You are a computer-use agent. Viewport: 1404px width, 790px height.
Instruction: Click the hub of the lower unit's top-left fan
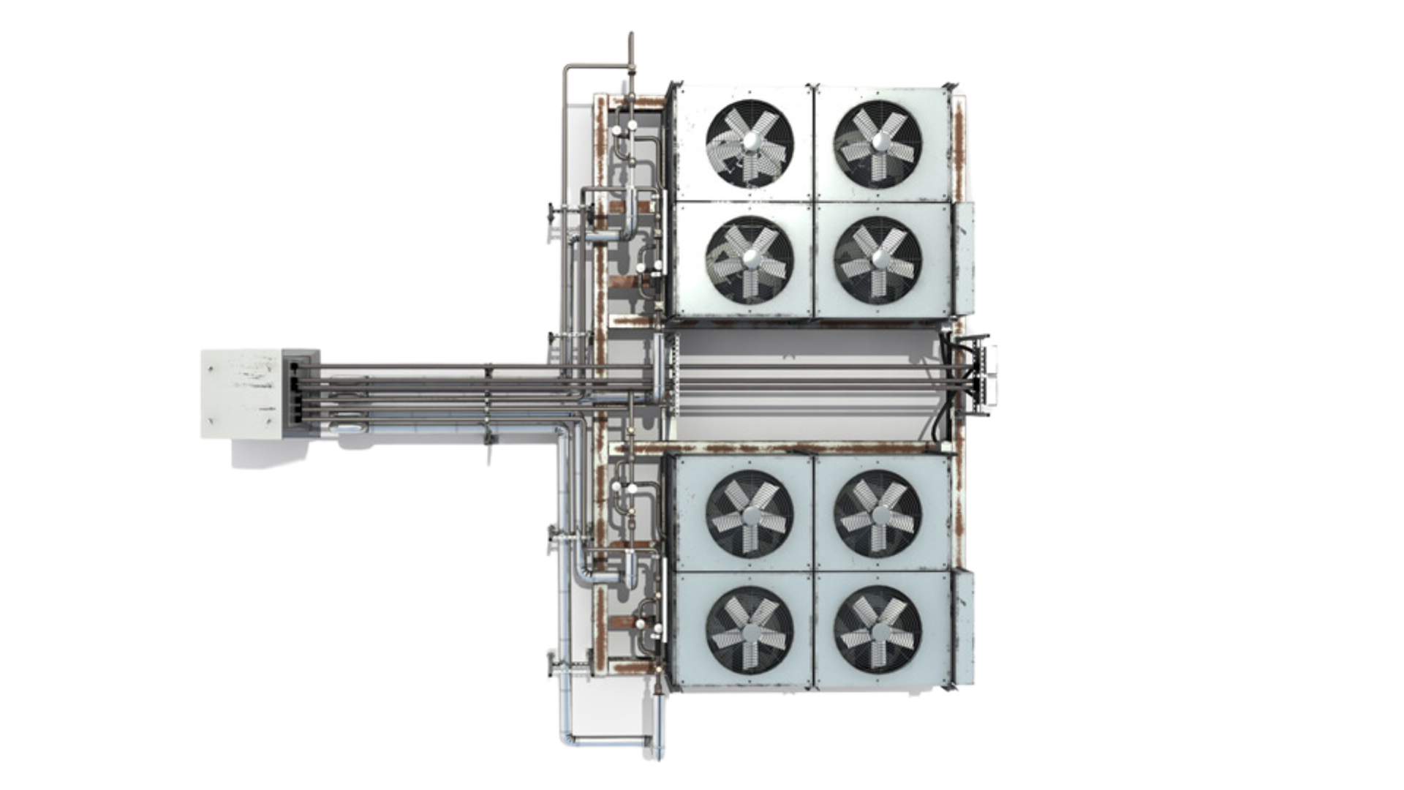(750, 513)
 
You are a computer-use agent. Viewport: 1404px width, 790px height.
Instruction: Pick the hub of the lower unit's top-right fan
(877, 513)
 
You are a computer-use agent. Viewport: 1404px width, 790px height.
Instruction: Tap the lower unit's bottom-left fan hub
(750, 629)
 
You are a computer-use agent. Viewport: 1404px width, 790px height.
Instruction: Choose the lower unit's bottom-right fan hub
(877, 629)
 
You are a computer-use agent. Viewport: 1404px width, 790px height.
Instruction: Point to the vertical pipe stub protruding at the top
(630, 48)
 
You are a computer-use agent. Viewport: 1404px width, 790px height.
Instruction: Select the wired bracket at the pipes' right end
(984, 379)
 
